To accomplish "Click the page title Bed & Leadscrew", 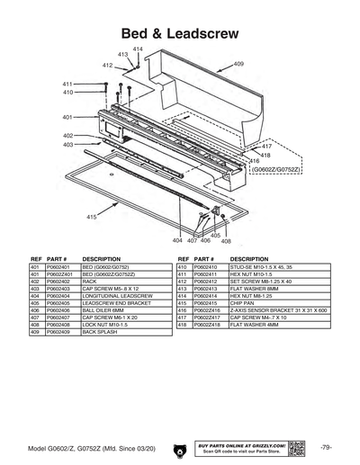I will click(x=180, y=32).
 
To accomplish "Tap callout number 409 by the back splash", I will click(x=238, y=64).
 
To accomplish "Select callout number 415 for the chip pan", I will click(x=92, y=217).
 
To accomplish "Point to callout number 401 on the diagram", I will click(x=67, y=117).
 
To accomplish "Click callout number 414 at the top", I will click(x=138, y=48).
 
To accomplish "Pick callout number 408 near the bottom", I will click(x=226, y=241).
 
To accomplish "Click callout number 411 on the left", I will click(x=67, y=84).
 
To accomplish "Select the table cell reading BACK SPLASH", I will click(x=100, y=332).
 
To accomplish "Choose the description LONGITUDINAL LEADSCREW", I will click(x=113, y=294).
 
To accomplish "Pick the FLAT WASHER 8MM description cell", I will click(x=253, y=288).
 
